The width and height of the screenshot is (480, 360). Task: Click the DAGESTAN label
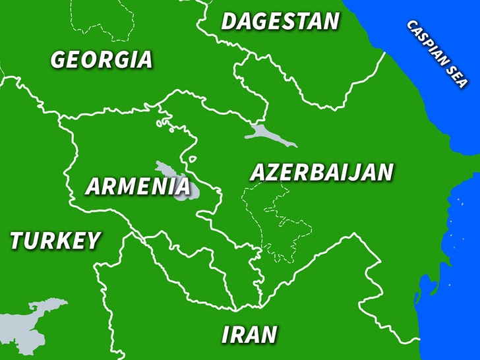280,21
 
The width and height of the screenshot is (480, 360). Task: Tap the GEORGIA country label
102,59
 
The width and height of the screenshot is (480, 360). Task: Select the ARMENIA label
138,187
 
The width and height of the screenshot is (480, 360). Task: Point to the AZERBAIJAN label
321,172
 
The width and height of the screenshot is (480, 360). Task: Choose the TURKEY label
55,241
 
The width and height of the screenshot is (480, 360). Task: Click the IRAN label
249,335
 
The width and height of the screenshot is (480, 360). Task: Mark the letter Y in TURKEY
92,241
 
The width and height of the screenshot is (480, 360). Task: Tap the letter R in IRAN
237,335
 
